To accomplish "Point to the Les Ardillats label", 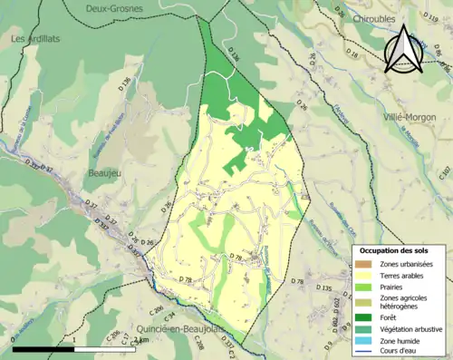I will point(34,39).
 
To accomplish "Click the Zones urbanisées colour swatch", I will point(362,264).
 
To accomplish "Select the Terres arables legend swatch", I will point(362,277).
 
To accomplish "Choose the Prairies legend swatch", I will point(362,288).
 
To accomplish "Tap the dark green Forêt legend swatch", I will point(362,317).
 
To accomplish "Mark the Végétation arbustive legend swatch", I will point(362,329).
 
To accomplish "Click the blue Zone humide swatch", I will point(362,341).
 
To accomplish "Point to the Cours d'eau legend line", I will point(362,353).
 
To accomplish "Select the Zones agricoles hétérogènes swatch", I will point(362,302).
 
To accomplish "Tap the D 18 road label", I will point(353,56).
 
